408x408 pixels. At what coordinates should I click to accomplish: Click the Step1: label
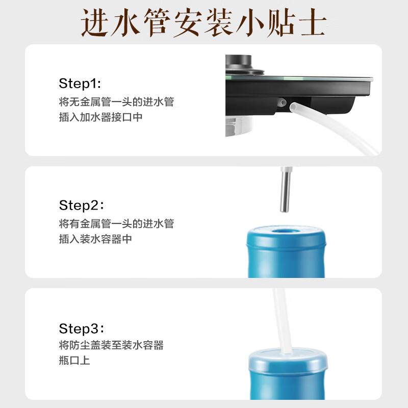click(x=80, y=83)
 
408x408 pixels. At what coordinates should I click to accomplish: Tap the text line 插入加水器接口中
click(x=101, y=117)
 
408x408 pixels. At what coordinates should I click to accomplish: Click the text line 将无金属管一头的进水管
click(x=116, y=101)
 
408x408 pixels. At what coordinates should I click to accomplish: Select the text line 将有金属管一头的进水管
click(x=116, y=223)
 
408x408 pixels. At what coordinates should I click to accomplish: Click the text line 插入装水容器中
click(x=95, y=239)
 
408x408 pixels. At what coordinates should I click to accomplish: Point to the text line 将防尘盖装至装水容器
click(x=111, y=345)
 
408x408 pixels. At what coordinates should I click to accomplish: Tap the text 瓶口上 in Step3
click(x=74, y=361)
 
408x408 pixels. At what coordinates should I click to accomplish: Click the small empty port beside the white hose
click(x=280, y=102)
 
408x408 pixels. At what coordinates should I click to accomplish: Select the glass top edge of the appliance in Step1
click(x=306, y=80)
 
